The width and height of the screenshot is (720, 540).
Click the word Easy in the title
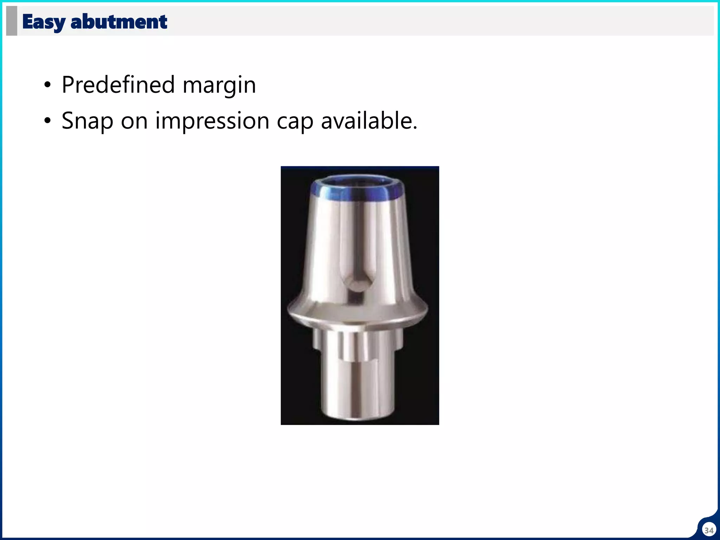43,22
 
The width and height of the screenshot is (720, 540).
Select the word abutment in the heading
119,22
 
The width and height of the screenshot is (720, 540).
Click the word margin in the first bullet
219,85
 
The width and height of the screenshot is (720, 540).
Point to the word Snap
87,121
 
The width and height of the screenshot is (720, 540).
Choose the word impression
212,121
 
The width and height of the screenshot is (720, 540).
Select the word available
369,121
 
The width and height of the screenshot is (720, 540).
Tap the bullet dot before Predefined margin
47,85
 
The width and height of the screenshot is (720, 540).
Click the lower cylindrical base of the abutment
357,390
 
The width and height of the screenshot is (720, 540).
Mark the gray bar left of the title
12,21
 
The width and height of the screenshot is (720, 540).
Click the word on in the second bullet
134,121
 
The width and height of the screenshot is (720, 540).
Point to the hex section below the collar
358,343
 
